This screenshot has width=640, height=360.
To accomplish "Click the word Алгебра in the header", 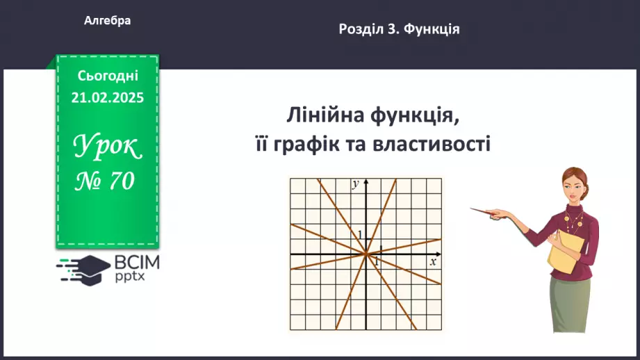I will click(108, 21).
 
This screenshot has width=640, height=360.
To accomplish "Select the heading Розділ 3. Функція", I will click(400, 29).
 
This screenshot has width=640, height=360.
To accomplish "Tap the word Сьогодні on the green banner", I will click(108, 76).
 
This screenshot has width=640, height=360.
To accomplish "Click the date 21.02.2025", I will click(108, 98).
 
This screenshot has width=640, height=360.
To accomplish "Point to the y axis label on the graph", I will click(355, 183).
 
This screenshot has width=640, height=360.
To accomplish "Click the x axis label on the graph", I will click(432, 262).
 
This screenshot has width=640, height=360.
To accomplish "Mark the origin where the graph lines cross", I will click(366, 254).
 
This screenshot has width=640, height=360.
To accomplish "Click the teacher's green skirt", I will click(570, 306).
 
